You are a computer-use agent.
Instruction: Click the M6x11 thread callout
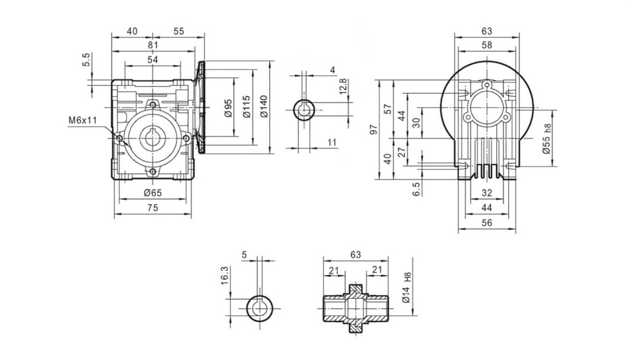82,120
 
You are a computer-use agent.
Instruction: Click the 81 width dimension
153,45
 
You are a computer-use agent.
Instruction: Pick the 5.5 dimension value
87,60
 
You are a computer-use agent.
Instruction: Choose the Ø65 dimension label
152,193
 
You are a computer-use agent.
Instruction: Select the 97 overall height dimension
373,129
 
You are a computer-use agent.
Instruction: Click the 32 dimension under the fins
486,193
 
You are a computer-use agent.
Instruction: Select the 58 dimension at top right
486,45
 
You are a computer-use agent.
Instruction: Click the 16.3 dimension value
226,276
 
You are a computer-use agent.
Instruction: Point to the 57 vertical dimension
389,109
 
